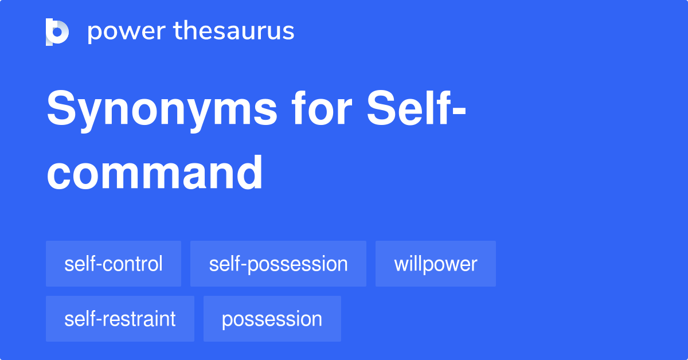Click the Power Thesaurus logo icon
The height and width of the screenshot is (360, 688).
57,32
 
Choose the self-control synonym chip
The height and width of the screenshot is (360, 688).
114,264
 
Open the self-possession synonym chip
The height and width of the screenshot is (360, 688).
278,264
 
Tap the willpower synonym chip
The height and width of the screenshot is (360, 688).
436,264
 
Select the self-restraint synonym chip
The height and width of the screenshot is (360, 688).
120,319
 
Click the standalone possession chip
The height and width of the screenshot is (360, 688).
272,319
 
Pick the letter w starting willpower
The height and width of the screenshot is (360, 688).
400,265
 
